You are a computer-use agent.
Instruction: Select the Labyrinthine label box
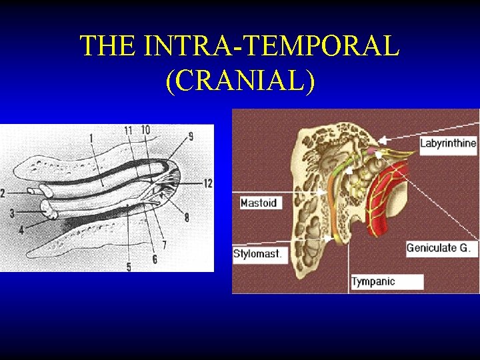tap(448, 143)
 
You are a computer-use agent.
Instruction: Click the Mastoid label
tap(258, 202)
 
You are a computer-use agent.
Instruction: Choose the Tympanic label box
tap(387, 281)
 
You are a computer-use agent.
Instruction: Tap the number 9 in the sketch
tap(191, 137)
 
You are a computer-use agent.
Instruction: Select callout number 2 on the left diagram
tap(3, 193)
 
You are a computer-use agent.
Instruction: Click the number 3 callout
tap(11, 213)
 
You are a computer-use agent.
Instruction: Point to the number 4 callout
tap(21, 230)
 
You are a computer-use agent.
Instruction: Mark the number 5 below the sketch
tap(129, 267)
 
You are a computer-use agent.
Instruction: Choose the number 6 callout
tap(155, 259)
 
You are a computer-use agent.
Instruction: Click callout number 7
tap(164, 245)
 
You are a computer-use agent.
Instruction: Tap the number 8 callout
tap(187, 217)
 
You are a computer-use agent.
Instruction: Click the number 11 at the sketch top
tap(129, 131)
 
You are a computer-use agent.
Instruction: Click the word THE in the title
tap(106, 46)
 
